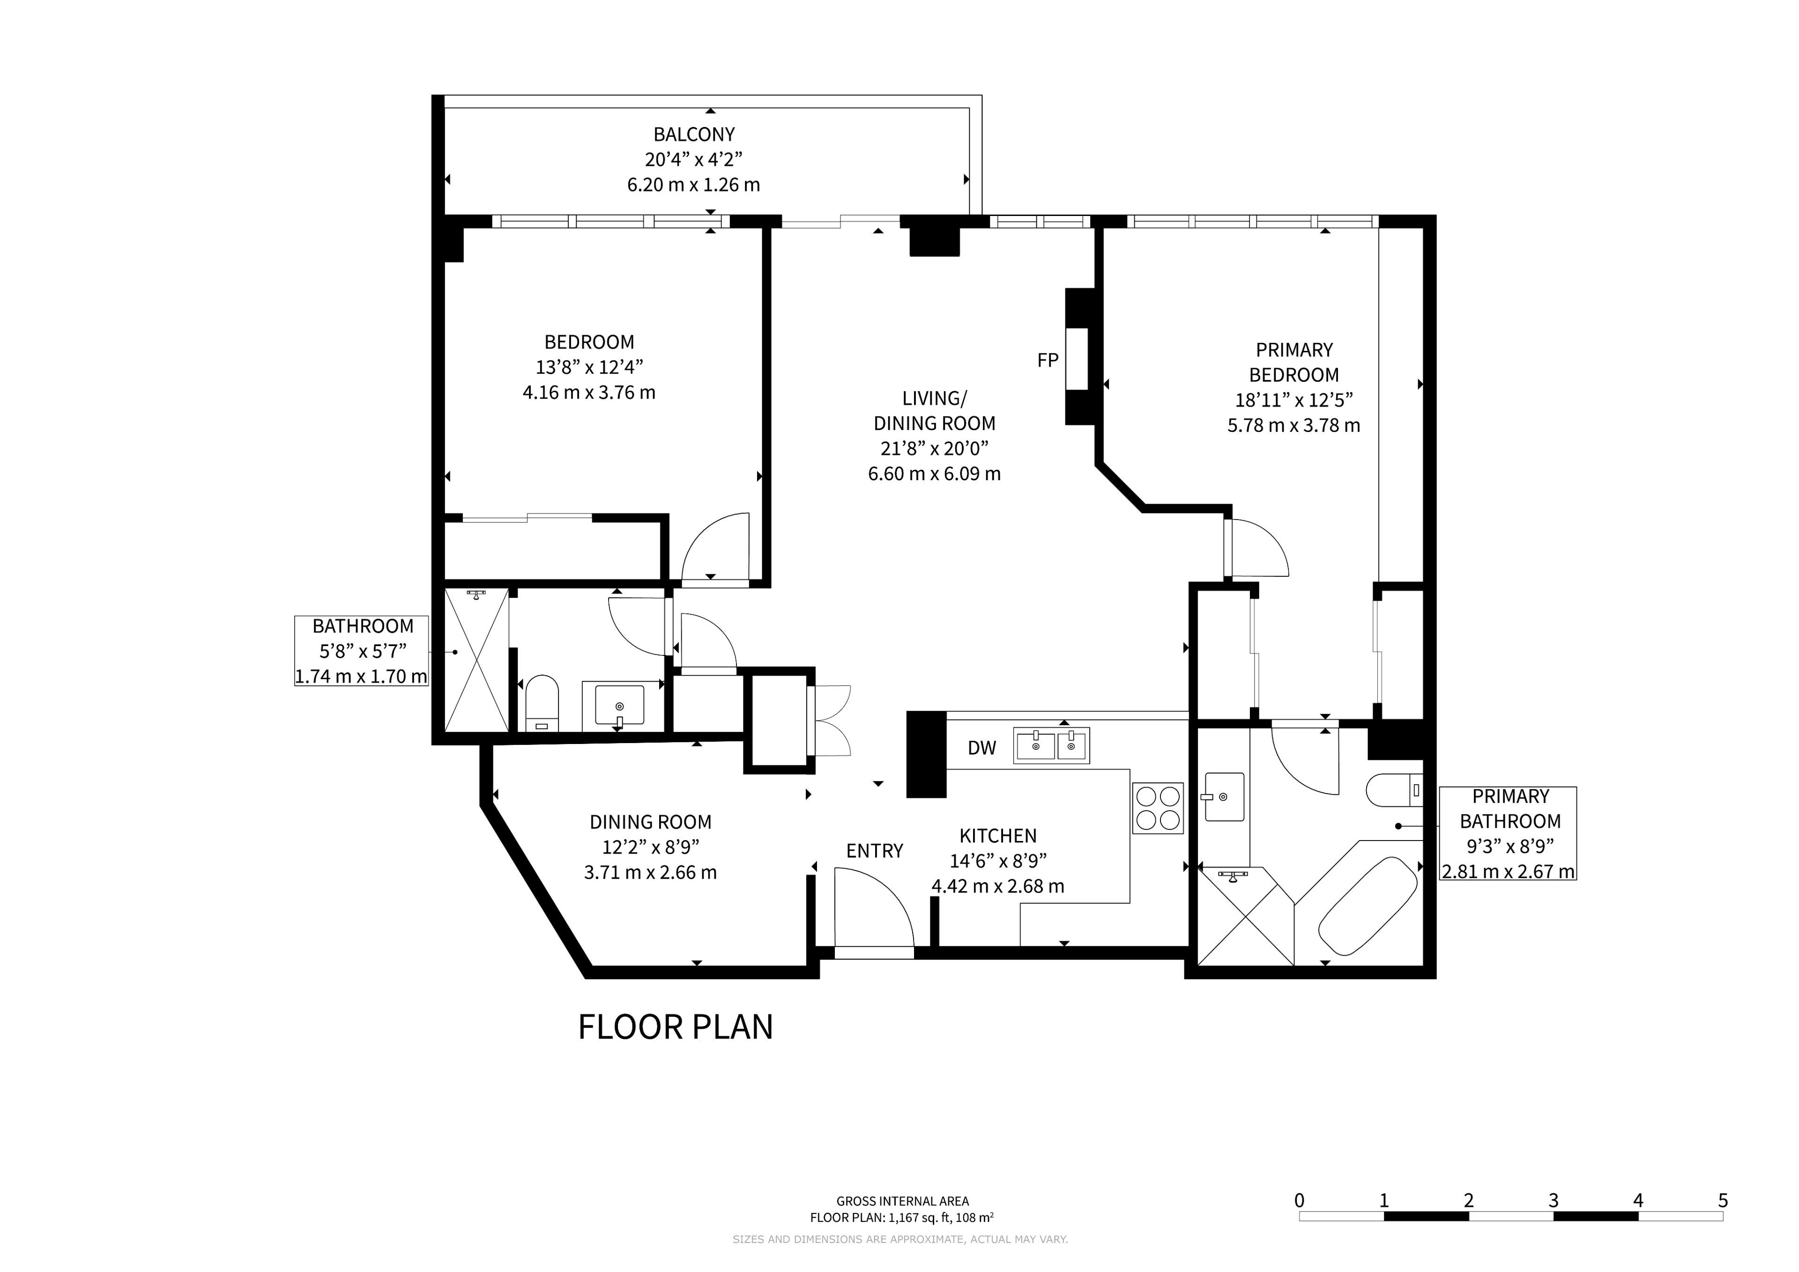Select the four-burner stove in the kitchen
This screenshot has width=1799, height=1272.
point(1157,808)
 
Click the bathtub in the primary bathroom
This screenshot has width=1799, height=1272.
point(1368,907)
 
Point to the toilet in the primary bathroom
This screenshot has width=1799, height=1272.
point(1394,790)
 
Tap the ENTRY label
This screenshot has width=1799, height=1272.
point(874,851)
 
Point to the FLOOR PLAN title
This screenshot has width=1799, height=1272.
point(676,1027)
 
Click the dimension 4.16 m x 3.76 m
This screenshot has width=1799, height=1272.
point(589,392)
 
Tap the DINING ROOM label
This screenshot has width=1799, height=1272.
point(650,822)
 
